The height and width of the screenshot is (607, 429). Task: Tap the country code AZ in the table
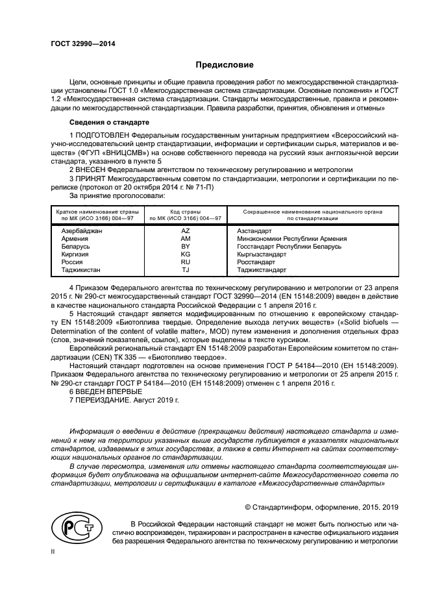185,231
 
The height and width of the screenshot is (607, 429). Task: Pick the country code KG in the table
185,254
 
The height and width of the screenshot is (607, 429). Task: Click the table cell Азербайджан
82,231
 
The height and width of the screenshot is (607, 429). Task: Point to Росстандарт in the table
257,262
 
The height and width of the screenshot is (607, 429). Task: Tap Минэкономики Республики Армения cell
292,239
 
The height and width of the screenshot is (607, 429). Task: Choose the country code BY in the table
185,247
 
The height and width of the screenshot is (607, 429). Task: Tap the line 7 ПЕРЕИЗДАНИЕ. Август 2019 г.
123,401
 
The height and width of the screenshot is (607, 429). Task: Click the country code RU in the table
185,262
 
